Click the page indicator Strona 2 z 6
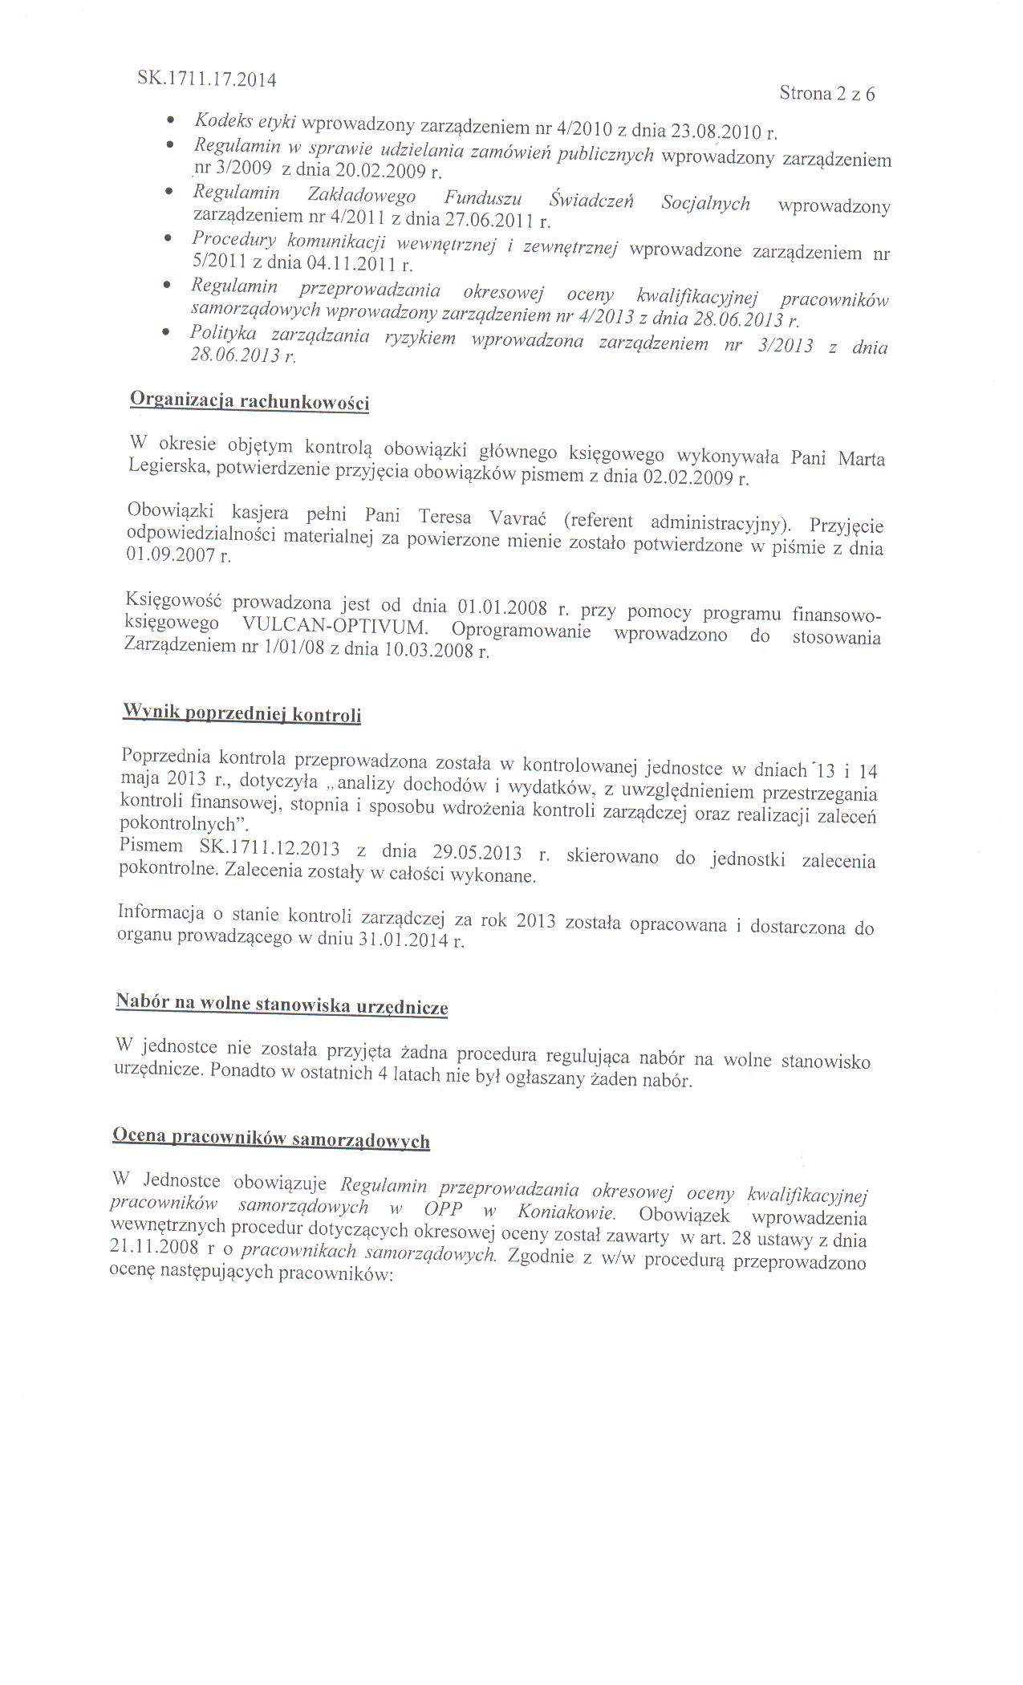tap(827, 94)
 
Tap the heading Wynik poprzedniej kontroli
tap(241, 713)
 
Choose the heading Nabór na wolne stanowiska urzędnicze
tap(282, 1005)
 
